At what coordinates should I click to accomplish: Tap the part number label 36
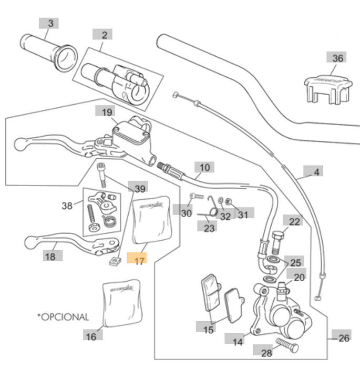[x=337, y=58]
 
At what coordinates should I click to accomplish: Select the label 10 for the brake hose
[x=204, y=168]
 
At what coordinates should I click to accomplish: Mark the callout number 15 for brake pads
[x=208, y=329]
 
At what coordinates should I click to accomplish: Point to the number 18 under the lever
[x=50, y=256]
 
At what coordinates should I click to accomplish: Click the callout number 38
[x=67, y=206]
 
